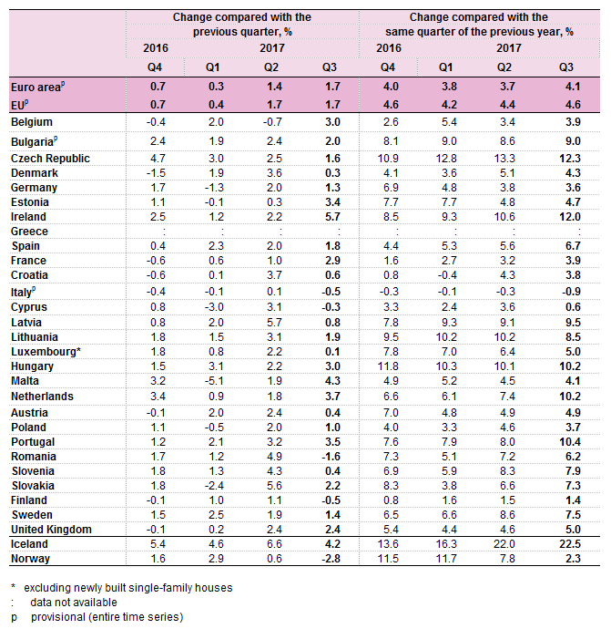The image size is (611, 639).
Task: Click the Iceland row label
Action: click(29, 544)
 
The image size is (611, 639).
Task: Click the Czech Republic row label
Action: click(50, 158)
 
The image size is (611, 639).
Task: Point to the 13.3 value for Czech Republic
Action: click(504, 158)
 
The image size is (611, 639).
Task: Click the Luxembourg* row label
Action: click(46, 352)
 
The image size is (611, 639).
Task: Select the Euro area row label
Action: click(37, 87)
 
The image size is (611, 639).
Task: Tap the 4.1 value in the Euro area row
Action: click(573, 87)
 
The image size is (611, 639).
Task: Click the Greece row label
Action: click(29, 231)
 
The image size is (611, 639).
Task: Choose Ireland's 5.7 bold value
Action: click(332, 216)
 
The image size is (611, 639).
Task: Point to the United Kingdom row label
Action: click(51, 530)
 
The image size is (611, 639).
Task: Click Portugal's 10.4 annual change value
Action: click(570, 442)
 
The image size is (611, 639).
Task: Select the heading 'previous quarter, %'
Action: click(242, 32)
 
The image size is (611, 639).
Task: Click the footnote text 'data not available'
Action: click(74, 603)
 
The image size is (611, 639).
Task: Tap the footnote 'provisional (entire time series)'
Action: click(107, 617)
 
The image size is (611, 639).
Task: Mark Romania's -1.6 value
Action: click(331, 457)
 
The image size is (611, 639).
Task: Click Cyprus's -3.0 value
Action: click(214, 307)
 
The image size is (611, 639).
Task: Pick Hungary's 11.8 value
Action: click(388, 366)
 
